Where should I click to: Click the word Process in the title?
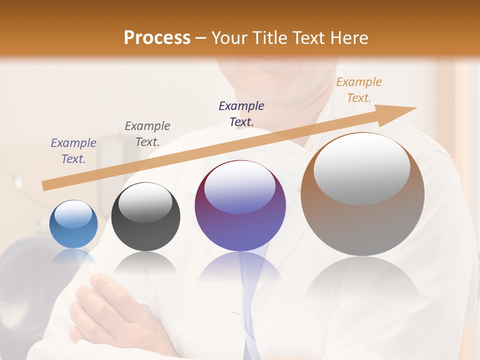[x=157, y=37]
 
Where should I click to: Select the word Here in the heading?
[x=348, y=37]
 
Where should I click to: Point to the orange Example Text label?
[x=359, y=90]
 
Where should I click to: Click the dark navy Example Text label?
[x=241, y=113]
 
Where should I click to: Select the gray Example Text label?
[x=147, y=133]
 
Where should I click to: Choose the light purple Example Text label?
[x=73, y=150]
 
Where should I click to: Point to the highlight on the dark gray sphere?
[x=145, y=202]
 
